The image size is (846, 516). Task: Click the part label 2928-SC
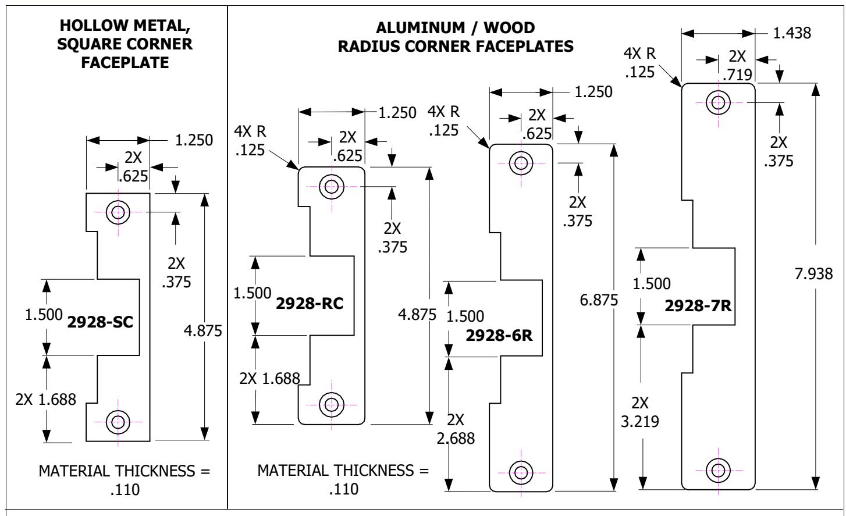[x=100, y=322]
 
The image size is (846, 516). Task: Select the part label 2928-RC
[x=310, y=303]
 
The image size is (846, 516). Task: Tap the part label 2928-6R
[x=499, y=336]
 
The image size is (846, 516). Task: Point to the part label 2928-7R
[x=698, y=305]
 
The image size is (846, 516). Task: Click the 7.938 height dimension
[x=813, y=274]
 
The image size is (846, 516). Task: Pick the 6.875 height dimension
[x=599, y=300]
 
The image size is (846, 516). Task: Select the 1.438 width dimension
[x=792, y=33]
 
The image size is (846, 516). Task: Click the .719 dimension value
[x=738, y=75]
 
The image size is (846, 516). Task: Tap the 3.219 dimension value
[x=640, y=421]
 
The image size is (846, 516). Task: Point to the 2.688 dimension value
[x=456, y=438]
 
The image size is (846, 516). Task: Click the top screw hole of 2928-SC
[x=118, y=212]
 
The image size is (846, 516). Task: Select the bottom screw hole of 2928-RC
[x=332, y=405]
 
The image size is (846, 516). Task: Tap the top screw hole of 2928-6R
[x=521, y=163]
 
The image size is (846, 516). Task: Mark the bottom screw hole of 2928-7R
[x=718, y=471]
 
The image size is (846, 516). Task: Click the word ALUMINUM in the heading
[x=420, y=28]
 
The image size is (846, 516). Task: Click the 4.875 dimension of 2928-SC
[x=203, y=331]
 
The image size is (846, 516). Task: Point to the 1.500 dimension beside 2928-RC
[x=253, y=293]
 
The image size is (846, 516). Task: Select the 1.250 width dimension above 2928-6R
[x=593, y=92]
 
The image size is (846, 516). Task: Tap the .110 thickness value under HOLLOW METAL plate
[x=125, y=490]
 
